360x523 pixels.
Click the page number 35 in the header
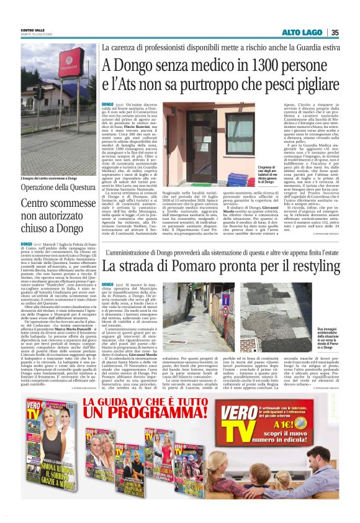335,32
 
